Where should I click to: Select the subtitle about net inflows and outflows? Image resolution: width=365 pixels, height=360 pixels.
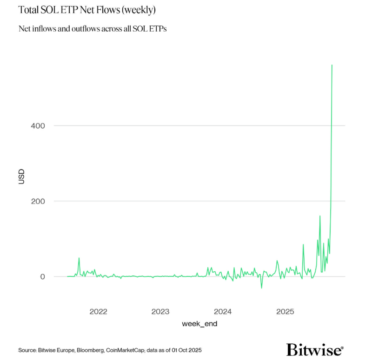coord(93,29)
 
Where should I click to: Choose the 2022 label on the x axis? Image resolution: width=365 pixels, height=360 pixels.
coord(98,311)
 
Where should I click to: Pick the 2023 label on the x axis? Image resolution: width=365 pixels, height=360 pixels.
coord(160,311)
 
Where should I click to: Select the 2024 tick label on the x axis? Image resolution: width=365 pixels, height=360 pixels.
coord(223,311)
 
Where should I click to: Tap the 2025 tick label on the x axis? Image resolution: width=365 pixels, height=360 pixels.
coord(285,311)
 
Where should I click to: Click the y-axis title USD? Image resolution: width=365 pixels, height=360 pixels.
coord(21,177)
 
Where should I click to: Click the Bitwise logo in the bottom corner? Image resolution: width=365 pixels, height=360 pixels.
coord(315,349)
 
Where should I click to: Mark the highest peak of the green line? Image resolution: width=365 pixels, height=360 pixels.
coord(332,65)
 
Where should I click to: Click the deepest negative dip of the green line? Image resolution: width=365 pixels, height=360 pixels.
coord(261,288)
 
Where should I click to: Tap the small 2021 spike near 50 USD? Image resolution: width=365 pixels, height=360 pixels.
coord(79,258)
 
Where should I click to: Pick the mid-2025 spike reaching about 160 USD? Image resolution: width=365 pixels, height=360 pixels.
coord(320,216)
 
